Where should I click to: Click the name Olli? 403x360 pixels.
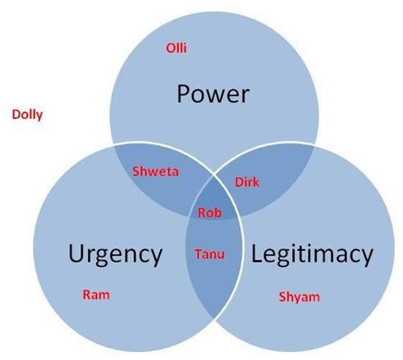pos(176,48)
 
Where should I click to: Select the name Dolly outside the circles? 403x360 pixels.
pos(27,115)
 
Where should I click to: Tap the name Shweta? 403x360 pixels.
pos(156,171)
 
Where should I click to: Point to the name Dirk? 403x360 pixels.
pos(247,182)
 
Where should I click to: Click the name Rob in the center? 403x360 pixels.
pos(209,212)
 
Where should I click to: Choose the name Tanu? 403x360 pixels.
pos(210,254)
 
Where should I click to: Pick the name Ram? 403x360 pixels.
pos(96,295)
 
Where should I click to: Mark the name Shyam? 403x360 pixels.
pos(300,298)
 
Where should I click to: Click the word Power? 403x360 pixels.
pos(213,94)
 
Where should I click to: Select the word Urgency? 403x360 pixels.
pos(116,255)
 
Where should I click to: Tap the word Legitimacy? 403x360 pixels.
pos(312,255)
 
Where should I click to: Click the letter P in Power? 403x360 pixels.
pos(184,94)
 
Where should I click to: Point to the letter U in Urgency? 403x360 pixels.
pos(76,253)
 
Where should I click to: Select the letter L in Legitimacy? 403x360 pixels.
pos(257,253)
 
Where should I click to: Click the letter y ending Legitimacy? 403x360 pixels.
pos(366,257)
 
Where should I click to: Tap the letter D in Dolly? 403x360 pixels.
pos(16,114)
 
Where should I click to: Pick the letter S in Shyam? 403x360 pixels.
pos(282,297)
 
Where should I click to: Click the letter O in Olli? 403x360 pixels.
pos(170,48)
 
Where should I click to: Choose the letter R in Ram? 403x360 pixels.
pos(87,295)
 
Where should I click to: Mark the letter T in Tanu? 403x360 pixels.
pos(199,254)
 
